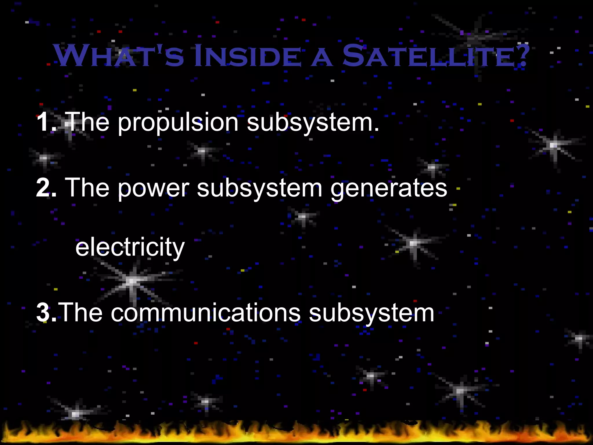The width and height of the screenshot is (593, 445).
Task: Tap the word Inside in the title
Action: pyautogui.click(x=248, y=56)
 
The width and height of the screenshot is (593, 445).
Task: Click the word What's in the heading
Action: pyautogui.click(x=119, y=56)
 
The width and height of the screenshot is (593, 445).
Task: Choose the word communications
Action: pyautogui.click(x=206, y=313)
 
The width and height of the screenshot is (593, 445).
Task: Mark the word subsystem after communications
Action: pyautogui.click(x=371, y=313)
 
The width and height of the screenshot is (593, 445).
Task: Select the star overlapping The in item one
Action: pyautogui.click(x=69, y=124)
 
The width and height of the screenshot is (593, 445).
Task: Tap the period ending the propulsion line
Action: pyautogui.click(x=376, y=130)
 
